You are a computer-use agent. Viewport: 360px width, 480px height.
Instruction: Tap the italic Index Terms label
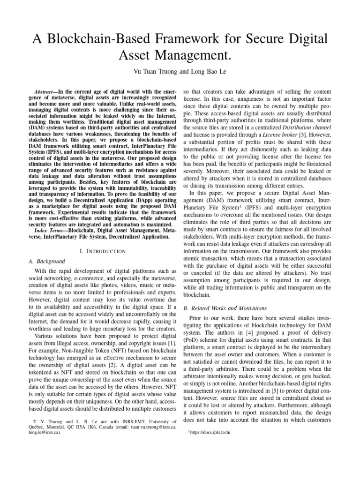[49, 230]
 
